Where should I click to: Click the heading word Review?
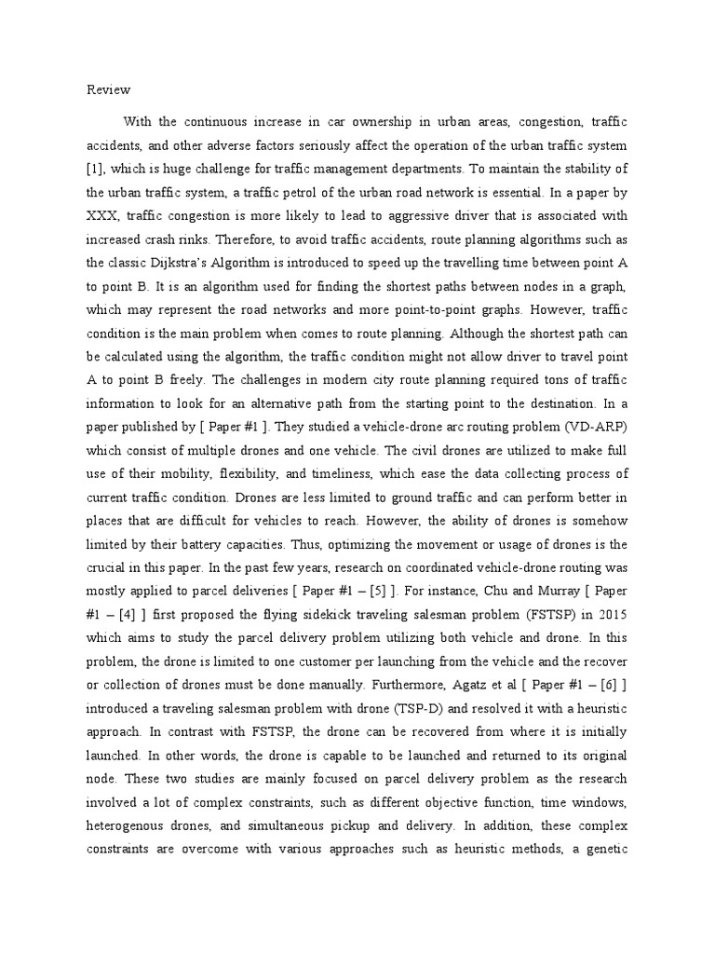point(109,90)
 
